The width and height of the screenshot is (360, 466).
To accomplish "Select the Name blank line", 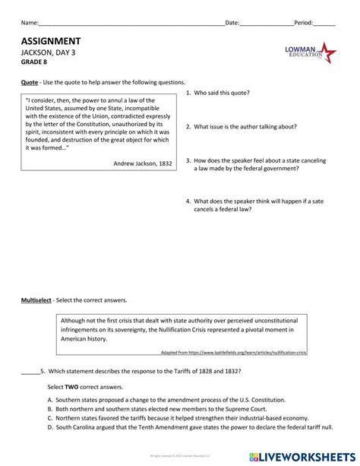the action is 129,23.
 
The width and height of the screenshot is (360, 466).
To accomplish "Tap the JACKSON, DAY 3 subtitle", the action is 49,53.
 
